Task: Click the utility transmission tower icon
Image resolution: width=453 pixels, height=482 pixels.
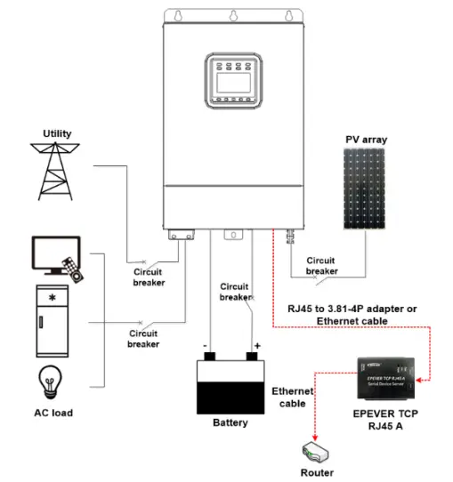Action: pyautogui.click(x=57, y=172)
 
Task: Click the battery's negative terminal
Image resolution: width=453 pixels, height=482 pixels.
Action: pyautogui.click(x=210, y=357)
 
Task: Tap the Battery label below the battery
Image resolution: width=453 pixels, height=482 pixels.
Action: pyautogui.click(x=231, y=422)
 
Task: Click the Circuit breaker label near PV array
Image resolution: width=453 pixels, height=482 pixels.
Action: pyautogui.click(x=321, y=266)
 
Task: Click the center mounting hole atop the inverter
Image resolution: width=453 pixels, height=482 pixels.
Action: pyautogui.click(x=233, y=14)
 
